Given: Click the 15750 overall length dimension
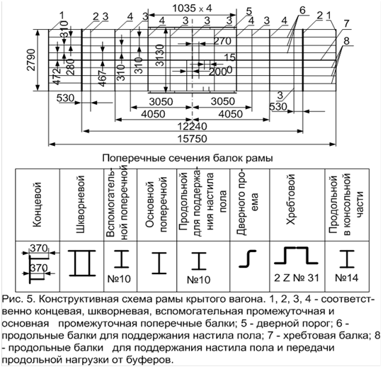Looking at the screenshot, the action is click(193, 139).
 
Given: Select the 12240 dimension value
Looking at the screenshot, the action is click(193, 127).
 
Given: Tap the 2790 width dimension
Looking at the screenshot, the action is click(31, 60).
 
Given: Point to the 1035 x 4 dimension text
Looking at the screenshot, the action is click(193, 8).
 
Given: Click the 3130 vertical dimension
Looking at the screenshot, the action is click(160, 55).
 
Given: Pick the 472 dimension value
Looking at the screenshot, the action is click(57, 76).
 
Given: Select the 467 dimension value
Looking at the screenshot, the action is click(103, 78).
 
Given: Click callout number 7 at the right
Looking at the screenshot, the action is click(346, 24).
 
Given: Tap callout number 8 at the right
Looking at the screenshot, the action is click(346, 41).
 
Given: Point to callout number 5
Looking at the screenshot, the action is click(249, 11).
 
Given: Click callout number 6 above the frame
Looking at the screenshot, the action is click(302, 10).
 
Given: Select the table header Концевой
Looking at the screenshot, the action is click(38, 205).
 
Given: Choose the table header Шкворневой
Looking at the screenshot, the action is click(81, 204).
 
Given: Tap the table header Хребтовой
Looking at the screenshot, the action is click(291, 199).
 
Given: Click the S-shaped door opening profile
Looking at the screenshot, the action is click(248, 259).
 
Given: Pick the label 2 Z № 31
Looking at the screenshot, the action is click(297, 278).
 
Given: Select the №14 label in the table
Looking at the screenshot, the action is click(347, 278).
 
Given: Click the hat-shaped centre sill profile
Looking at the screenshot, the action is click(296, 256).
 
